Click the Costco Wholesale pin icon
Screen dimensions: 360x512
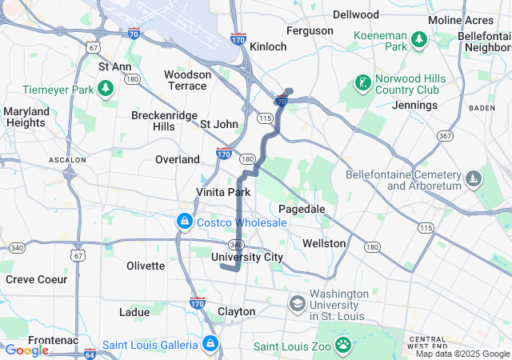click(185, 220)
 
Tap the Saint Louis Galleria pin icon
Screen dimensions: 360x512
click(210, 344)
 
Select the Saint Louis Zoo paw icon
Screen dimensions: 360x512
click(343, 344)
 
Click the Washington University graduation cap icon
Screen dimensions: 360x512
click(298, 303)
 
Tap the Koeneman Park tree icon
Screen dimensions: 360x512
click(418, 39)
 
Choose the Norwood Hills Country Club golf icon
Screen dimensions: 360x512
click(362, 82)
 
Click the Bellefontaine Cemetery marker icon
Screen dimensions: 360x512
click(474, 178)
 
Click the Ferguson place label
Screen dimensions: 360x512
click(310, 30)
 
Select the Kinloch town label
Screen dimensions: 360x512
click(268, 46)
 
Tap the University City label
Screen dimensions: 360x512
click(247, 257)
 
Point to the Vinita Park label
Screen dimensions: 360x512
click(223, 192)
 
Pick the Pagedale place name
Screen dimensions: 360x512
click(302, 208)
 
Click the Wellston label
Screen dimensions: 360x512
click(324, 242)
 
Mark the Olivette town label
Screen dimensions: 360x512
click(146, 266)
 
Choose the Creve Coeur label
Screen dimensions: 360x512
click(32, 279)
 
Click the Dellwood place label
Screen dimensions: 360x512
click(356, 14)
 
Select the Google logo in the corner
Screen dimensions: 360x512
click(26, 350)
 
